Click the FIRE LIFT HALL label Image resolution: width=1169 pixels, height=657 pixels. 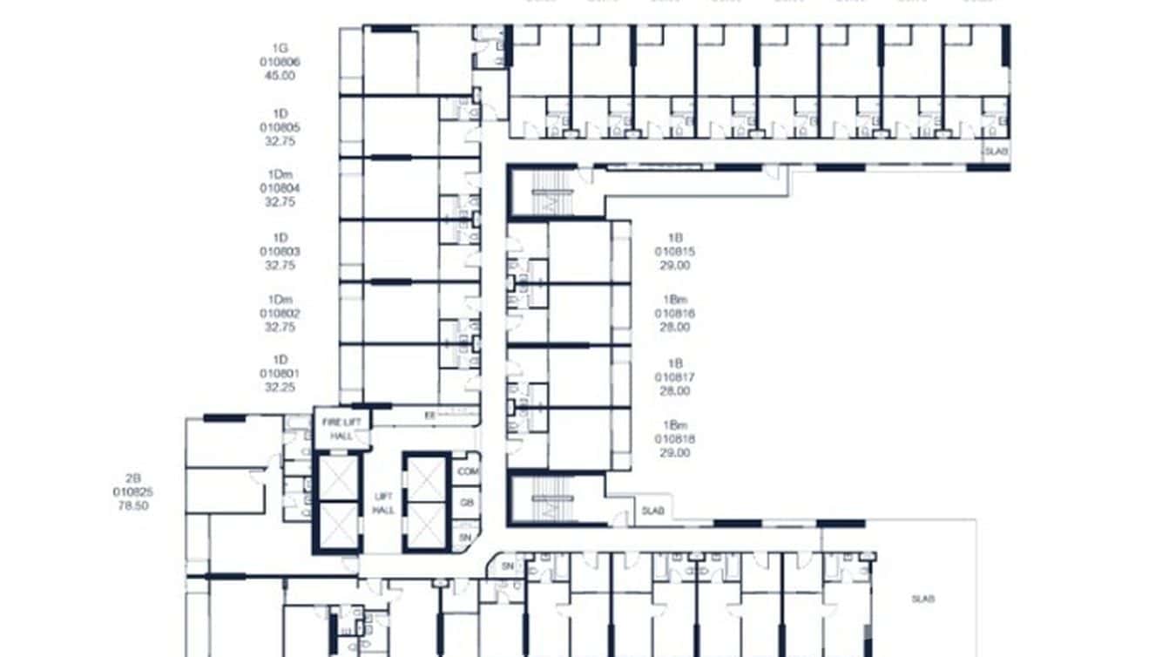[x=341, y=429]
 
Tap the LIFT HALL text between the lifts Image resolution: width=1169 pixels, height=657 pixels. [x=383, y=503]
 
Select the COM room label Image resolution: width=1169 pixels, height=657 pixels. [x=468, y=471]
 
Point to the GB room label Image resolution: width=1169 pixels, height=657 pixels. [x=467, y=503]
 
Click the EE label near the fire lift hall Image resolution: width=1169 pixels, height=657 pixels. [x=429, y=417]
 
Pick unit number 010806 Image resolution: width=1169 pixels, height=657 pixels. [x=280, y=62]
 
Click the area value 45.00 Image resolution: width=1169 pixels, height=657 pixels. [x=280, y=76]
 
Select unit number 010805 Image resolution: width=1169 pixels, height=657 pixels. [x=280, y=127]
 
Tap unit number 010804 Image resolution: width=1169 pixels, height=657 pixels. [x=280, y=188]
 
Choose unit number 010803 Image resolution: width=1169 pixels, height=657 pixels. [x=280, y=252]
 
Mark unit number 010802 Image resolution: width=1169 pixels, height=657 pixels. [x=280, y=314]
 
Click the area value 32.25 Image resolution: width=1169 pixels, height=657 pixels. [x=280, y=389]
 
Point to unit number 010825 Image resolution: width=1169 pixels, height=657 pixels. [x=133, y=491]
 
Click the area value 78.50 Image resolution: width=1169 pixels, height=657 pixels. [x=133, y=505]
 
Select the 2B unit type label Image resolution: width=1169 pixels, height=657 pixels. [x=133, y=478]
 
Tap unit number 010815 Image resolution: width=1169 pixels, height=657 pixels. [x=675, y=252]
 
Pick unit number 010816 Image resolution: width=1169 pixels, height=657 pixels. [x=675, y=314]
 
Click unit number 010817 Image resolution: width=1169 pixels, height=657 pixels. [x=675, y=377]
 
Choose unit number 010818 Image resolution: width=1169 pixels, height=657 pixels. [x=675, y=439]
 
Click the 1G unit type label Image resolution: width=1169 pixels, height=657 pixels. [x=280, y=49]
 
